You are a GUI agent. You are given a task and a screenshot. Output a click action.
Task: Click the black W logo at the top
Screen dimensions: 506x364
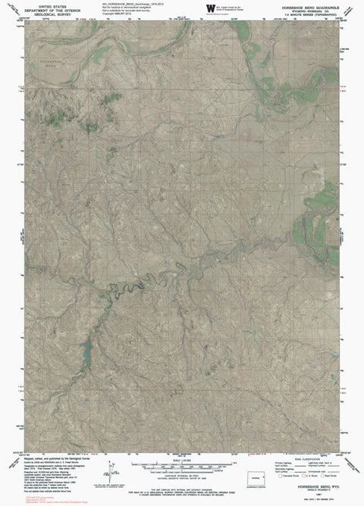[209, 8]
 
